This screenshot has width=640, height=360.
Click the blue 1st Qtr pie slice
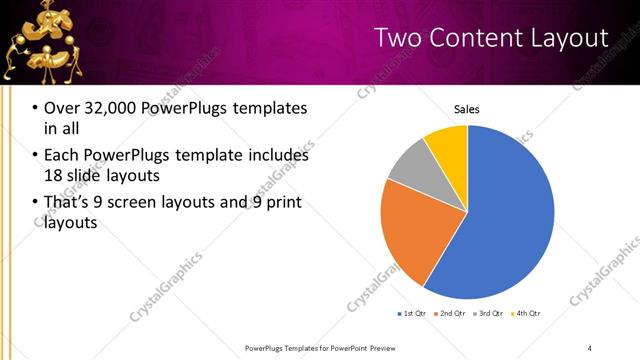(x=505, y=220)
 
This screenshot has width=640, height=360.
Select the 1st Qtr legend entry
(x=411, y=314)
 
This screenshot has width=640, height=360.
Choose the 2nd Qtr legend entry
(x=451, y=314)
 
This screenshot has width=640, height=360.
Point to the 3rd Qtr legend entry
(x=489, y=314)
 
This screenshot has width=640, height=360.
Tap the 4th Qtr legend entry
(x=527, y=314)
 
